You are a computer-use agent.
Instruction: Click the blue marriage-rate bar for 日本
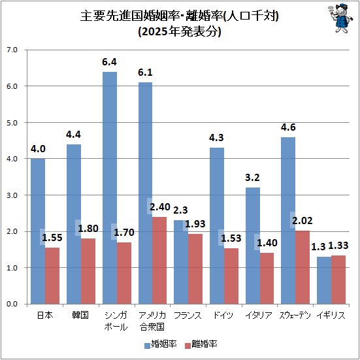tap(38, 231)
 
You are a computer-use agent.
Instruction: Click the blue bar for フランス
tap(180, 262)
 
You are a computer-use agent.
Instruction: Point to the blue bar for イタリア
tap(252, 246)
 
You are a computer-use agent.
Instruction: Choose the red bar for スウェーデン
tap(303, 267)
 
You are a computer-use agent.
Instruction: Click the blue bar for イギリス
tap(323, 280)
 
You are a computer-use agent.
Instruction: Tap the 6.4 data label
tap(109, 62)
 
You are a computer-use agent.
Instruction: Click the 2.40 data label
tap(160, 207)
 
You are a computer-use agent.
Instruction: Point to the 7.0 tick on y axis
tap(14, 50)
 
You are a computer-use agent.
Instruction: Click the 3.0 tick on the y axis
tap(14, 195)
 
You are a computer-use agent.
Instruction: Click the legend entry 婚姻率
tap(161, 344)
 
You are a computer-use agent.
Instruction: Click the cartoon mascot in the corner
tap(336, 20)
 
